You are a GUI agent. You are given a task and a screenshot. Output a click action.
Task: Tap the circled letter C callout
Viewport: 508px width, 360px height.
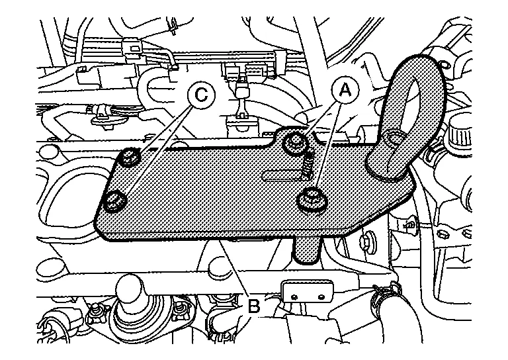201,94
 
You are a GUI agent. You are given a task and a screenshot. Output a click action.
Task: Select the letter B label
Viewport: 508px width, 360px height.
254,306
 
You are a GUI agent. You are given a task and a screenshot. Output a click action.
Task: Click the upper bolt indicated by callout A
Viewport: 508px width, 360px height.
295,142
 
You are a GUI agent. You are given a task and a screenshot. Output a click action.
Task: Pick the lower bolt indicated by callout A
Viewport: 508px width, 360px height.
312,200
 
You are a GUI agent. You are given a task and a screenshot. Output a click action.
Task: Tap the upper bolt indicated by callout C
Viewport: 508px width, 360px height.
129,157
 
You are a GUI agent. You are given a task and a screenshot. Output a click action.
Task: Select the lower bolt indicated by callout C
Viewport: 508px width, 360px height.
114,201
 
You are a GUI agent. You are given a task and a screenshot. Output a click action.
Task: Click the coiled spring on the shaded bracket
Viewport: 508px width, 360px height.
308,165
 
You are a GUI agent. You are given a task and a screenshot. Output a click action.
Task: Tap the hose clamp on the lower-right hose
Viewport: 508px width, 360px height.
385,296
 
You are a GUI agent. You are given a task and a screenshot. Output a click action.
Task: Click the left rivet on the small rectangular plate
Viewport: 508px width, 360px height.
294,296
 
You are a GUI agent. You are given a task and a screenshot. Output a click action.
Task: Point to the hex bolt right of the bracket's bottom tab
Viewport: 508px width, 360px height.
366,241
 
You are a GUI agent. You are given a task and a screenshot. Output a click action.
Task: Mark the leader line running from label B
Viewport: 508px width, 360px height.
233,269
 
